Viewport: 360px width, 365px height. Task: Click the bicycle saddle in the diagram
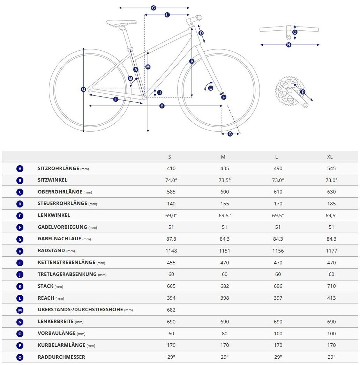click(x=121, y=23)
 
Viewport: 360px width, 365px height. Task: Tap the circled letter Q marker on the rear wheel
click(x=83, y=89)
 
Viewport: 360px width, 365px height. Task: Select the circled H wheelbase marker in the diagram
click(x=162, y=106)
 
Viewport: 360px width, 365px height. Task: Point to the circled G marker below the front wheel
click(x=230, y=134)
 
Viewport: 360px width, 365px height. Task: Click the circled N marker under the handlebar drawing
click(x=288, y=45)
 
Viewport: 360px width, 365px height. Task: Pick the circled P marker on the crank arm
click(x=302, y=92)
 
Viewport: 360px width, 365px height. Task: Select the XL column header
click(x=330, y=157)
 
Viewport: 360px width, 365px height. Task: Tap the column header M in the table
click(x=223, y=157)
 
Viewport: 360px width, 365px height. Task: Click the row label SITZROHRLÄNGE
click(x=58, y=168)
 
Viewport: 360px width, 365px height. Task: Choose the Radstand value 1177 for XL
click(x=331, y=251)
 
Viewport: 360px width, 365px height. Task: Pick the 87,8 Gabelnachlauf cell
click(x=171, y=239)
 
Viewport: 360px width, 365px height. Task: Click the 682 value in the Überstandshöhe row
click(x=171, y=310)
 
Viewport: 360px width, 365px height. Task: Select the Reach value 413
click(x=331, y=298)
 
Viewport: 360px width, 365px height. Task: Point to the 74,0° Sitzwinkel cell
click(x=171, y=180)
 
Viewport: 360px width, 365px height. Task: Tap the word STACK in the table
click(x=45, y=286)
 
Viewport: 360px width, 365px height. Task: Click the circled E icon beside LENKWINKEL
click(x=20, y=216)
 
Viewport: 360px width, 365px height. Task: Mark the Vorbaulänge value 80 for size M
click(x=225, y=334)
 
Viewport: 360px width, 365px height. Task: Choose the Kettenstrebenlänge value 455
click(x=171, y=263)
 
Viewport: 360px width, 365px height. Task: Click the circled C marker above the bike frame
click(x=153, y=8)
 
